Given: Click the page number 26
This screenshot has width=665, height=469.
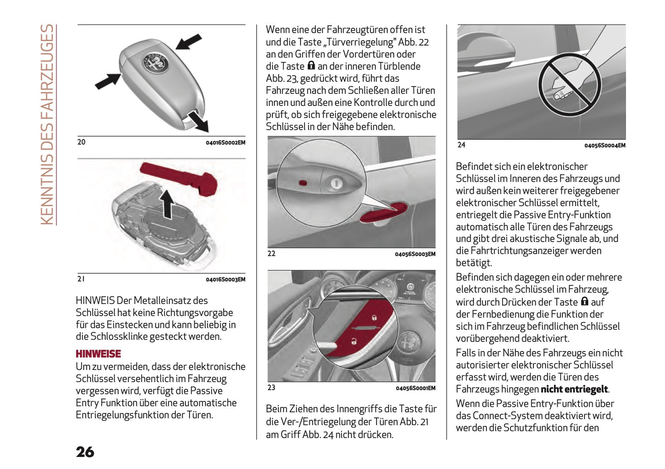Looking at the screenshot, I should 85,452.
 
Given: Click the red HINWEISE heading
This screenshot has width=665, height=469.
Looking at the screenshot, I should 98,354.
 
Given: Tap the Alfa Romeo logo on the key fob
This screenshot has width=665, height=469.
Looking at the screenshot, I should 154,63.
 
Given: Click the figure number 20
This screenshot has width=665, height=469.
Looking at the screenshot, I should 81,142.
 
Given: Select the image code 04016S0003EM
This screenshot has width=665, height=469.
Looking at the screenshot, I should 225,279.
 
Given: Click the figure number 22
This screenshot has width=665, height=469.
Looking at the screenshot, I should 272,253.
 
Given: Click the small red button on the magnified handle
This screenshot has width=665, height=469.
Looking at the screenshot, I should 303,183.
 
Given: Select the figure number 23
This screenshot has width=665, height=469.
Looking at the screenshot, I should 272,387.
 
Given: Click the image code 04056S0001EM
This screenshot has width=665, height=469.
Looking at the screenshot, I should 415,388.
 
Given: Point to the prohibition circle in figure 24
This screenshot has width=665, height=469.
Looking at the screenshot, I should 569,84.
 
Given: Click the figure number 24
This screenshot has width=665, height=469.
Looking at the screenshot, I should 461,145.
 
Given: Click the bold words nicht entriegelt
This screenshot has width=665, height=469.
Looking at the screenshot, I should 574,389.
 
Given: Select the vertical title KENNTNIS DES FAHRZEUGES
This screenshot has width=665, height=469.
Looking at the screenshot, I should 47,124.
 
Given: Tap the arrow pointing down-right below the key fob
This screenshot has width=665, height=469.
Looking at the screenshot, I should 199,121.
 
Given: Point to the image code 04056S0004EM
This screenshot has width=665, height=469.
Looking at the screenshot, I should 604,146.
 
